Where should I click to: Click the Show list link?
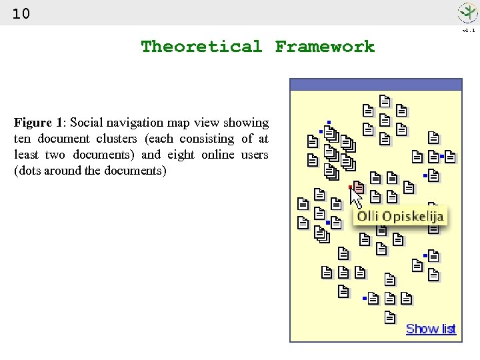pos(431,329)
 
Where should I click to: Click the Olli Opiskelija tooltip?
pos(400,217)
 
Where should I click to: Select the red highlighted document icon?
pos(358,187)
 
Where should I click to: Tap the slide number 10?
pos(21,13)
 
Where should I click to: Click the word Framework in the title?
pos(325,47)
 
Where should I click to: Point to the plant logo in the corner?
pos(467,13)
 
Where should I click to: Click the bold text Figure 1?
pos(38,123)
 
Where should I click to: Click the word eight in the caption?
pos(182,155)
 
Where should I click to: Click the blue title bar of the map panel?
pos(376,85)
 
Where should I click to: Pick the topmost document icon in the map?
pos(385,101)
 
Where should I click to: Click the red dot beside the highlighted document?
pos(350,187)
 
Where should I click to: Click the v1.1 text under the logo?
pos(469,30)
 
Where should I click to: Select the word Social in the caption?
pos(85,123)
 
